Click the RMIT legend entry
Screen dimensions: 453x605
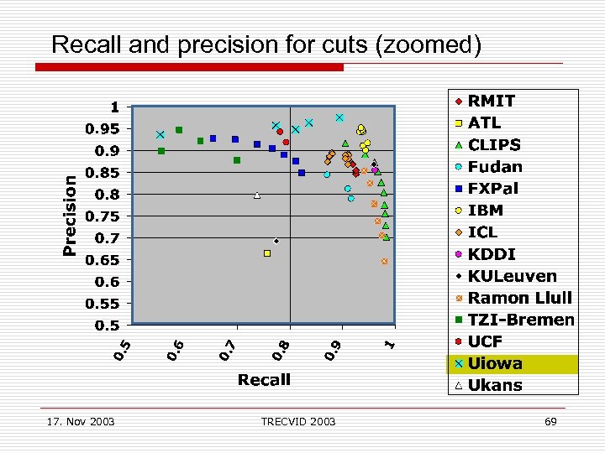(492, 102)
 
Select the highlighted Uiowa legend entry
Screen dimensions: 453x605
(495, 363)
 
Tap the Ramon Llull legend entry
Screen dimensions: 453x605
(519, 298)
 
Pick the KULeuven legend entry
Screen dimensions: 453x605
(512, 276)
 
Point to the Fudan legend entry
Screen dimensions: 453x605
(495, 167)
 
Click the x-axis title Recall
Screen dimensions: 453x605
(264, 380)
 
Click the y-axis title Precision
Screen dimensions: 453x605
(71, 214)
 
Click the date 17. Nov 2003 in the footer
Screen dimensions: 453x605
(82, 421)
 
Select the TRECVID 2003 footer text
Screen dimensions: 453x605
(297, 421)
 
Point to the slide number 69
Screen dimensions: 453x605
(550, 421)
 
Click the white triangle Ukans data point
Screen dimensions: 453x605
(257, 195)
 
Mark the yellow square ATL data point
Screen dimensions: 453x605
(267, 253)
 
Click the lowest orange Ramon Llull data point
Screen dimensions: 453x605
(384, 262)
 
